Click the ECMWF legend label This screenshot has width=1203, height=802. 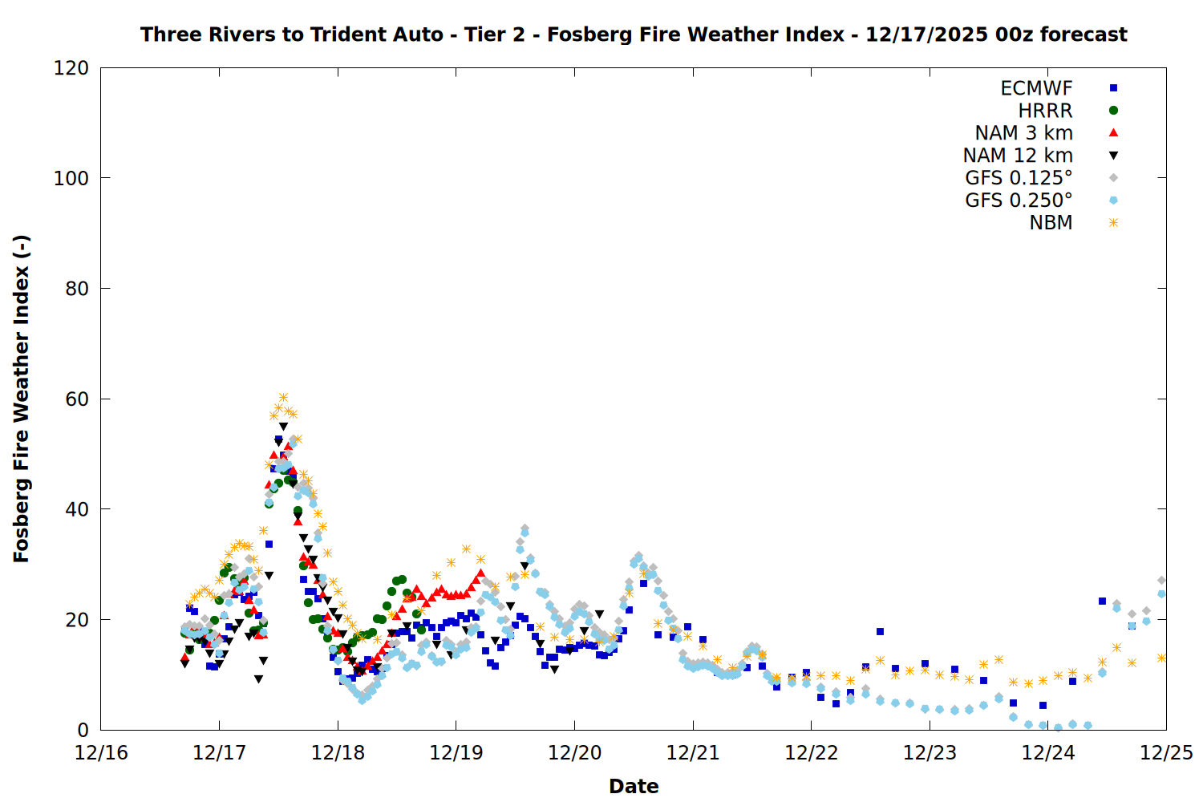[1036, 88]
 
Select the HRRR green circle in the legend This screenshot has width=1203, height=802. [1113, 111]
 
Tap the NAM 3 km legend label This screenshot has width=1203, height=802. [1023, 133]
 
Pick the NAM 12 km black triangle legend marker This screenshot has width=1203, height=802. [1113, 156]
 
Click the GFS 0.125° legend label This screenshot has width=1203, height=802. [1019, 178]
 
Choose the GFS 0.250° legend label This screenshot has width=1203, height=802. [1019, 200]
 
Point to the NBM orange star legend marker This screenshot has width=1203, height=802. [1113, 223]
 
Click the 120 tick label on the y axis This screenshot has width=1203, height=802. [71, 68]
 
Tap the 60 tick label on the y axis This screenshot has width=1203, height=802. [77, 399]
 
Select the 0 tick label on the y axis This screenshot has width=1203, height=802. [83, 730]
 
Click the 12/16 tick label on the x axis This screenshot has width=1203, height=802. [101, 753]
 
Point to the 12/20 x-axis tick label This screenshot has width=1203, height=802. [574, 753]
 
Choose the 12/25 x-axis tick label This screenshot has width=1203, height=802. [1166, 753]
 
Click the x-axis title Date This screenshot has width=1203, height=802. [634, 786]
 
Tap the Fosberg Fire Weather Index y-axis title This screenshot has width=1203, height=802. [22, 399]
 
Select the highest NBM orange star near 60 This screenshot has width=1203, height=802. [283, 398]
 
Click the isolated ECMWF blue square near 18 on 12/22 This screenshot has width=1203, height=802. [880, 632]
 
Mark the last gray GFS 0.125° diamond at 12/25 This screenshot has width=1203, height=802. [1161, 580]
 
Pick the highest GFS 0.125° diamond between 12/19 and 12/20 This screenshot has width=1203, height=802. [525, 529]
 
